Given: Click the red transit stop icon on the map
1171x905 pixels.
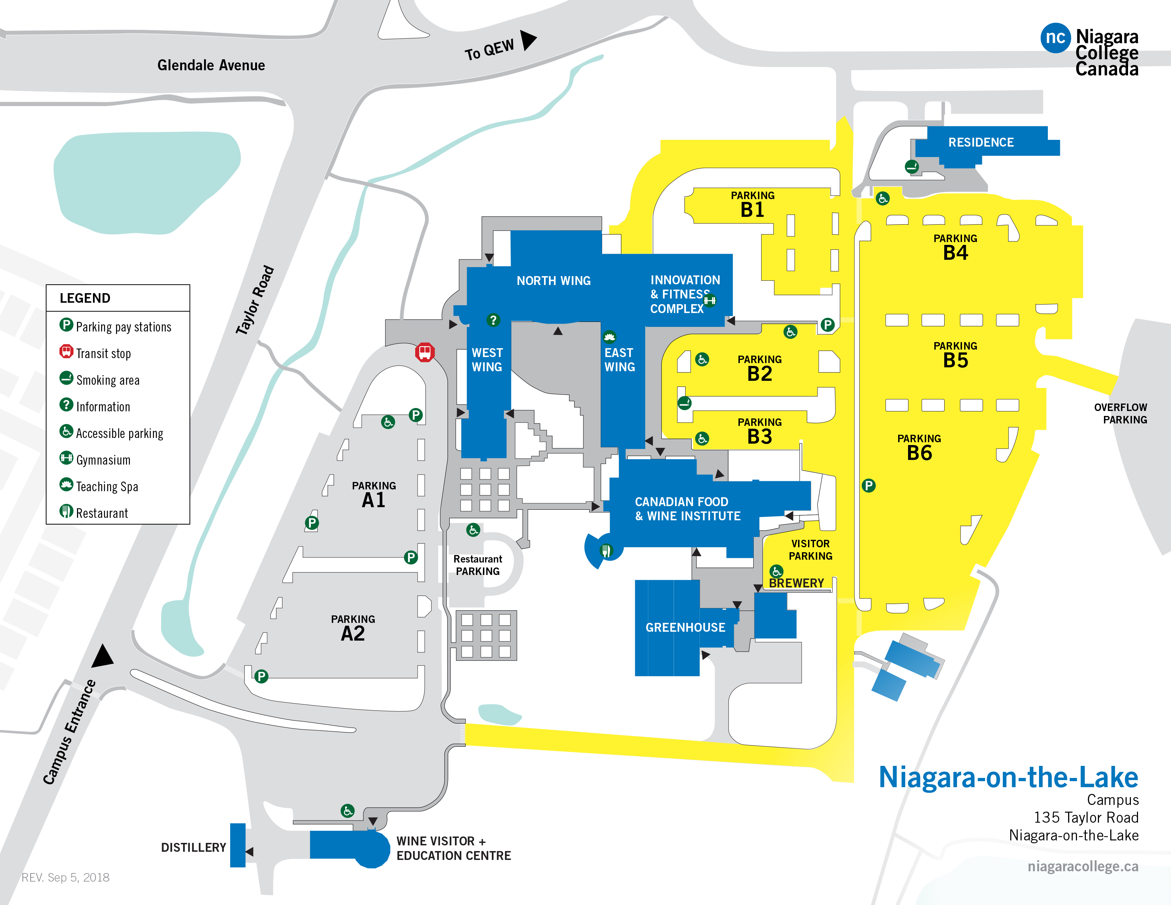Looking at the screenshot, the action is (x=425, y=352).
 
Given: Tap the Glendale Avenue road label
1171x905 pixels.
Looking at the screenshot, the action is (x=211, y=65).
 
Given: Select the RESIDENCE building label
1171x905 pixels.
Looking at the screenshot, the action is (x=981, y=142).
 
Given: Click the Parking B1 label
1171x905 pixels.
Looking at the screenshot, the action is (x=752, y=204).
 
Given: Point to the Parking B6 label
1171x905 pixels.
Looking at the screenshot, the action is (x=919, y=447).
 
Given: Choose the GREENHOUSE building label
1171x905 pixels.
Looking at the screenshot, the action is (x=685, y=627).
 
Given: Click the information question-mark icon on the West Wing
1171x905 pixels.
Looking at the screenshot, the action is (x=493, y=320).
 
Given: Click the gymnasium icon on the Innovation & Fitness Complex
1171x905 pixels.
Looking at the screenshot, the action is (x=710, y=301).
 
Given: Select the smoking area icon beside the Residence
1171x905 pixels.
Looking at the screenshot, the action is (x=912, y=167).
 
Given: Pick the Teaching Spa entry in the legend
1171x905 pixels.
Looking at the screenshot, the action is (x=99, y=486).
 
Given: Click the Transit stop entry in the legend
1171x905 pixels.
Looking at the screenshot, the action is (x=95, y=353).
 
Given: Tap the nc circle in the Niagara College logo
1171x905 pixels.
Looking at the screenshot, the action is (x=1055, y=38).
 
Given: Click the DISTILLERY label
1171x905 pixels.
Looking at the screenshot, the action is (x=193, y=848).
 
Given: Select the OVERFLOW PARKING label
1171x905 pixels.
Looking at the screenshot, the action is (x=1121, y=413).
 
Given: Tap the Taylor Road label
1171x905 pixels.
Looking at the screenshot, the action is (x=255, y=300).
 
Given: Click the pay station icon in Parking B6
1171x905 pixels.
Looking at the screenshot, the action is (x=869, y=486).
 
